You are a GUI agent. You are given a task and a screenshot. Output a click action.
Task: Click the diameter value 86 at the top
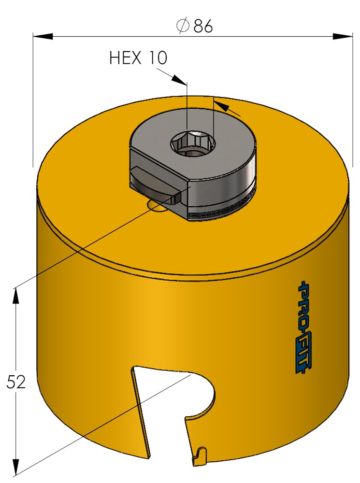pyautogui.click(x=203, y=27)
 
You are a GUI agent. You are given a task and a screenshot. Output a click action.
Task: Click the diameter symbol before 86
pyautogui.click(x=183, y=27)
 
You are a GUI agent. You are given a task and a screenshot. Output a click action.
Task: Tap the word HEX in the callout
pyautogui.click(x=125, y=58)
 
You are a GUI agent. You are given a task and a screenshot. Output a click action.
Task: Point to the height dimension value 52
pyautogui.click(x=16, y=383)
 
